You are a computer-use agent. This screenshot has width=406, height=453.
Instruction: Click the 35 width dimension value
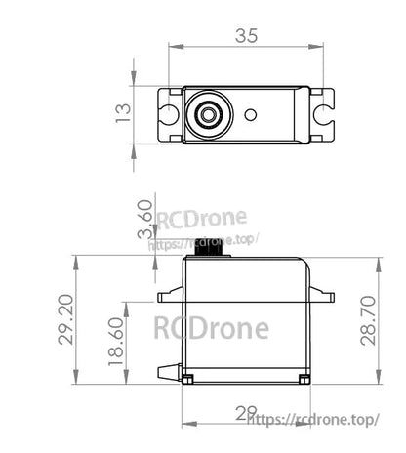[x=246, y=36]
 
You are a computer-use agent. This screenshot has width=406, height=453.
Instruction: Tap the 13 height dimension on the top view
[x=123, y=114]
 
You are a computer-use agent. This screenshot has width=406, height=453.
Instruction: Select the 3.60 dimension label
[x=145, y=220]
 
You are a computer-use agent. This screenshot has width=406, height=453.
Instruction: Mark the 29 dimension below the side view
[x=246, y=413]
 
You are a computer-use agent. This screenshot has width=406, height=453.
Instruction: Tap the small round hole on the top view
[x=251, y=114]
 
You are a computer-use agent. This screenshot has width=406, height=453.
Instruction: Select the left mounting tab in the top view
[x=170, y=114]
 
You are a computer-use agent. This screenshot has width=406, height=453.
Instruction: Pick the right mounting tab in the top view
[x=322, y=114]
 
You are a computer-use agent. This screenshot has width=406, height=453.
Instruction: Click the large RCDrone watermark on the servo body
[x=211, y=327]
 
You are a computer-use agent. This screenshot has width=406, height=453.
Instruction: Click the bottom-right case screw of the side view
[x=304, y=377]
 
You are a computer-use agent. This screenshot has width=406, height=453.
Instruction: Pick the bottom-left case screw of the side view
[x=188, y=377]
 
